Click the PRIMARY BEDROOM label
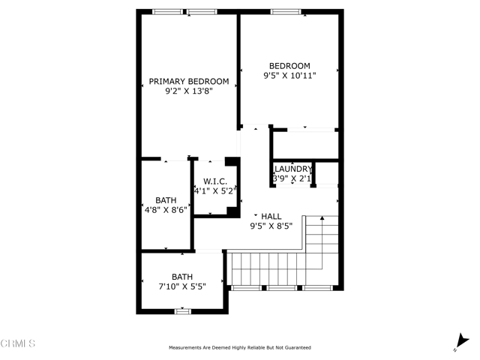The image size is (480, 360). (x=188, y=81)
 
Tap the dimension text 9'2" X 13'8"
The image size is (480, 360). (x=189, y=91)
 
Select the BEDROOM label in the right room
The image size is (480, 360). (x=289, y=66)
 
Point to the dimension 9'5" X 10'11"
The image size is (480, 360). (x=289, y=76)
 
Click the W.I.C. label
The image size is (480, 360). (x=214, y=181)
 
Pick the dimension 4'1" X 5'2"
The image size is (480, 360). (x=215, y=191)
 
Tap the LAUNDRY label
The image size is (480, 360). (x=292, y=169)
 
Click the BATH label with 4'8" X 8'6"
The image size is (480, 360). (x=166, y=200)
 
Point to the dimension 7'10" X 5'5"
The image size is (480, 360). (x=181, y=286)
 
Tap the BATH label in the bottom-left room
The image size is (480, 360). (x=181, y=276)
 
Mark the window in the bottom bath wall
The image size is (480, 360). (x=182, y=310)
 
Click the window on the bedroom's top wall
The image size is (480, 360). (x=286, y=11)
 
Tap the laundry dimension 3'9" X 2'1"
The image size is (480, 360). (x=292, y=178)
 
